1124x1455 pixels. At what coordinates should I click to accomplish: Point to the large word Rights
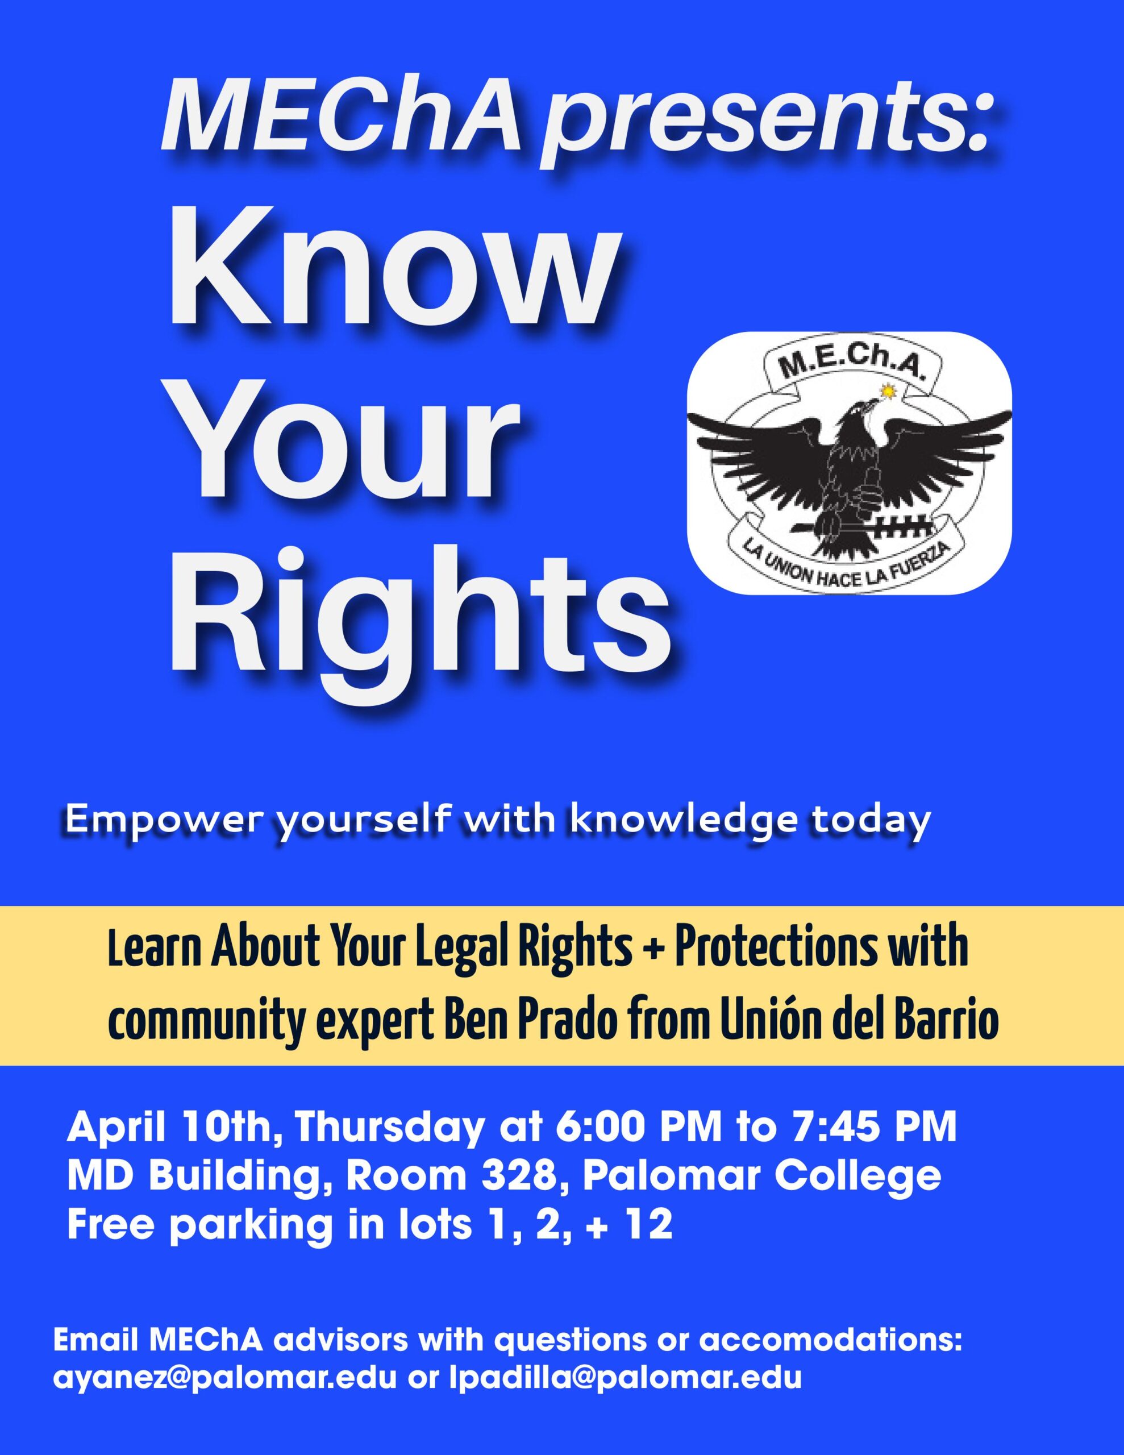tap(421, 620)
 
